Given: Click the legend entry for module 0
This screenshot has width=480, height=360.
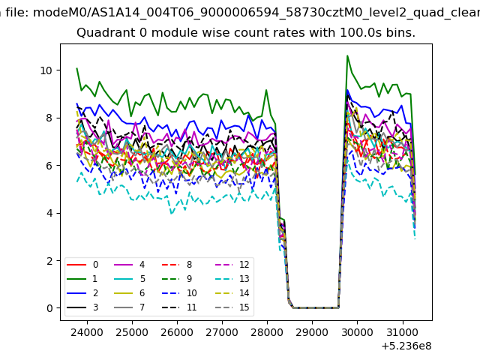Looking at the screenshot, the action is tap(82, 265).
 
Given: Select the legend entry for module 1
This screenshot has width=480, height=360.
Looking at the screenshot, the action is tap(82, 279).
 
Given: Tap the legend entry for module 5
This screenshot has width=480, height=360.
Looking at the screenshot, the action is tap(130, 279).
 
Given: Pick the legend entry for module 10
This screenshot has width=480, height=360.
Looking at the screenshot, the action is tap(179, 293).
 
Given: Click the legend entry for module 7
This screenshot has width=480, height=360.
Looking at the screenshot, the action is tap(130, 307).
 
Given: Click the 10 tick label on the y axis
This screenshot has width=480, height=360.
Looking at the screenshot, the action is tap(46, 70).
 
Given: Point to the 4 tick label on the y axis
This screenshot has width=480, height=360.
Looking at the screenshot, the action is tap(49, 213).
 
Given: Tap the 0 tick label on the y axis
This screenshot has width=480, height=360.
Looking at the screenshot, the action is tap(49, 308).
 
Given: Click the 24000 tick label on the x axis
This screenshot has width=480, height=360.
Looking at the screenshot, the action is tap(87, 332).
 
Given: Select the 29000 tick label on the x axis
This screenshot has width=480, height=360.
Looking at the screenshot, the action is tap(312, 332).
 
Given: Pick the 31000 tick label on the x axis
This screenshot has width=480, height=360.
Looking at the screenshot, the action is tap(402, 332).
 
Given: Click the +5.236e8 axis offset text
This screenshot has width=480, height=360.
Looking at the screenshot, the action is tap(406, 346).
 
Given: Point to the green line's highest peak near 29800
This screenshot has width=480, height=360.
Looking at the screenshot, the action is tap(347, 55).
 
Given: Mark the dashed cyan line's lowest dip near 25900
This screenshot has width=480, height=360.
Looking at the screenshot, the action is tap(172, 213).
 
